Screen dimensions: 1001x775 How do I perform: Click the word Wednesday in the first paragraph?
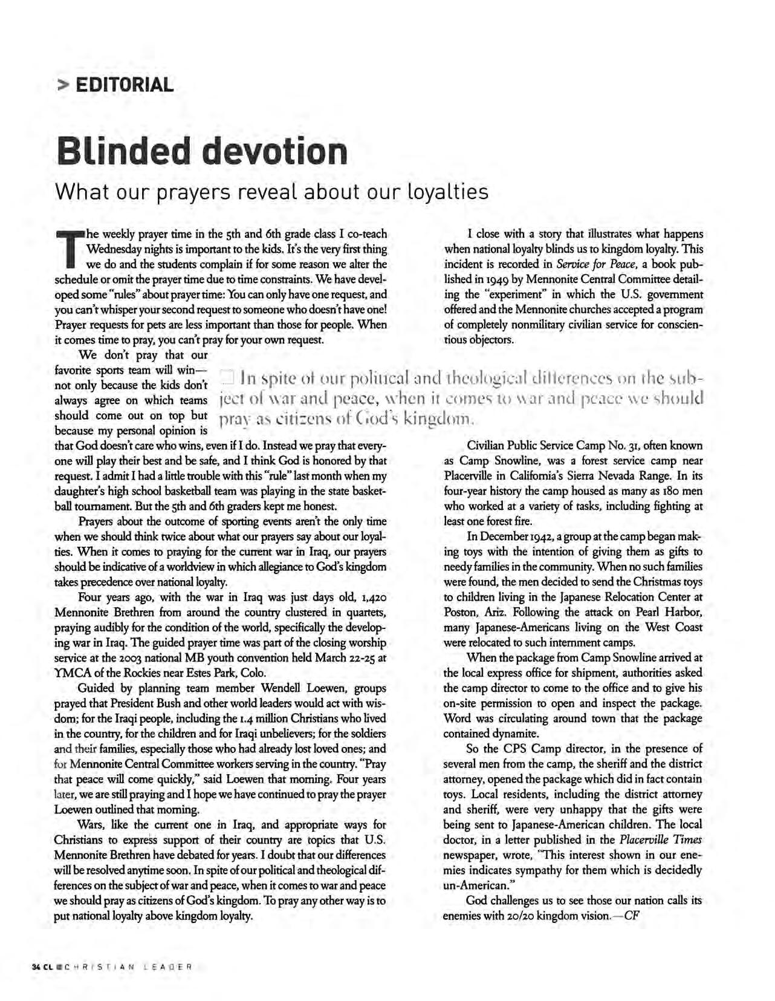pos(112,249)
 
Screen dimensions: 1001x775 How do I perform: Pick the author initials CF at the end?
pos(632,916)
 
